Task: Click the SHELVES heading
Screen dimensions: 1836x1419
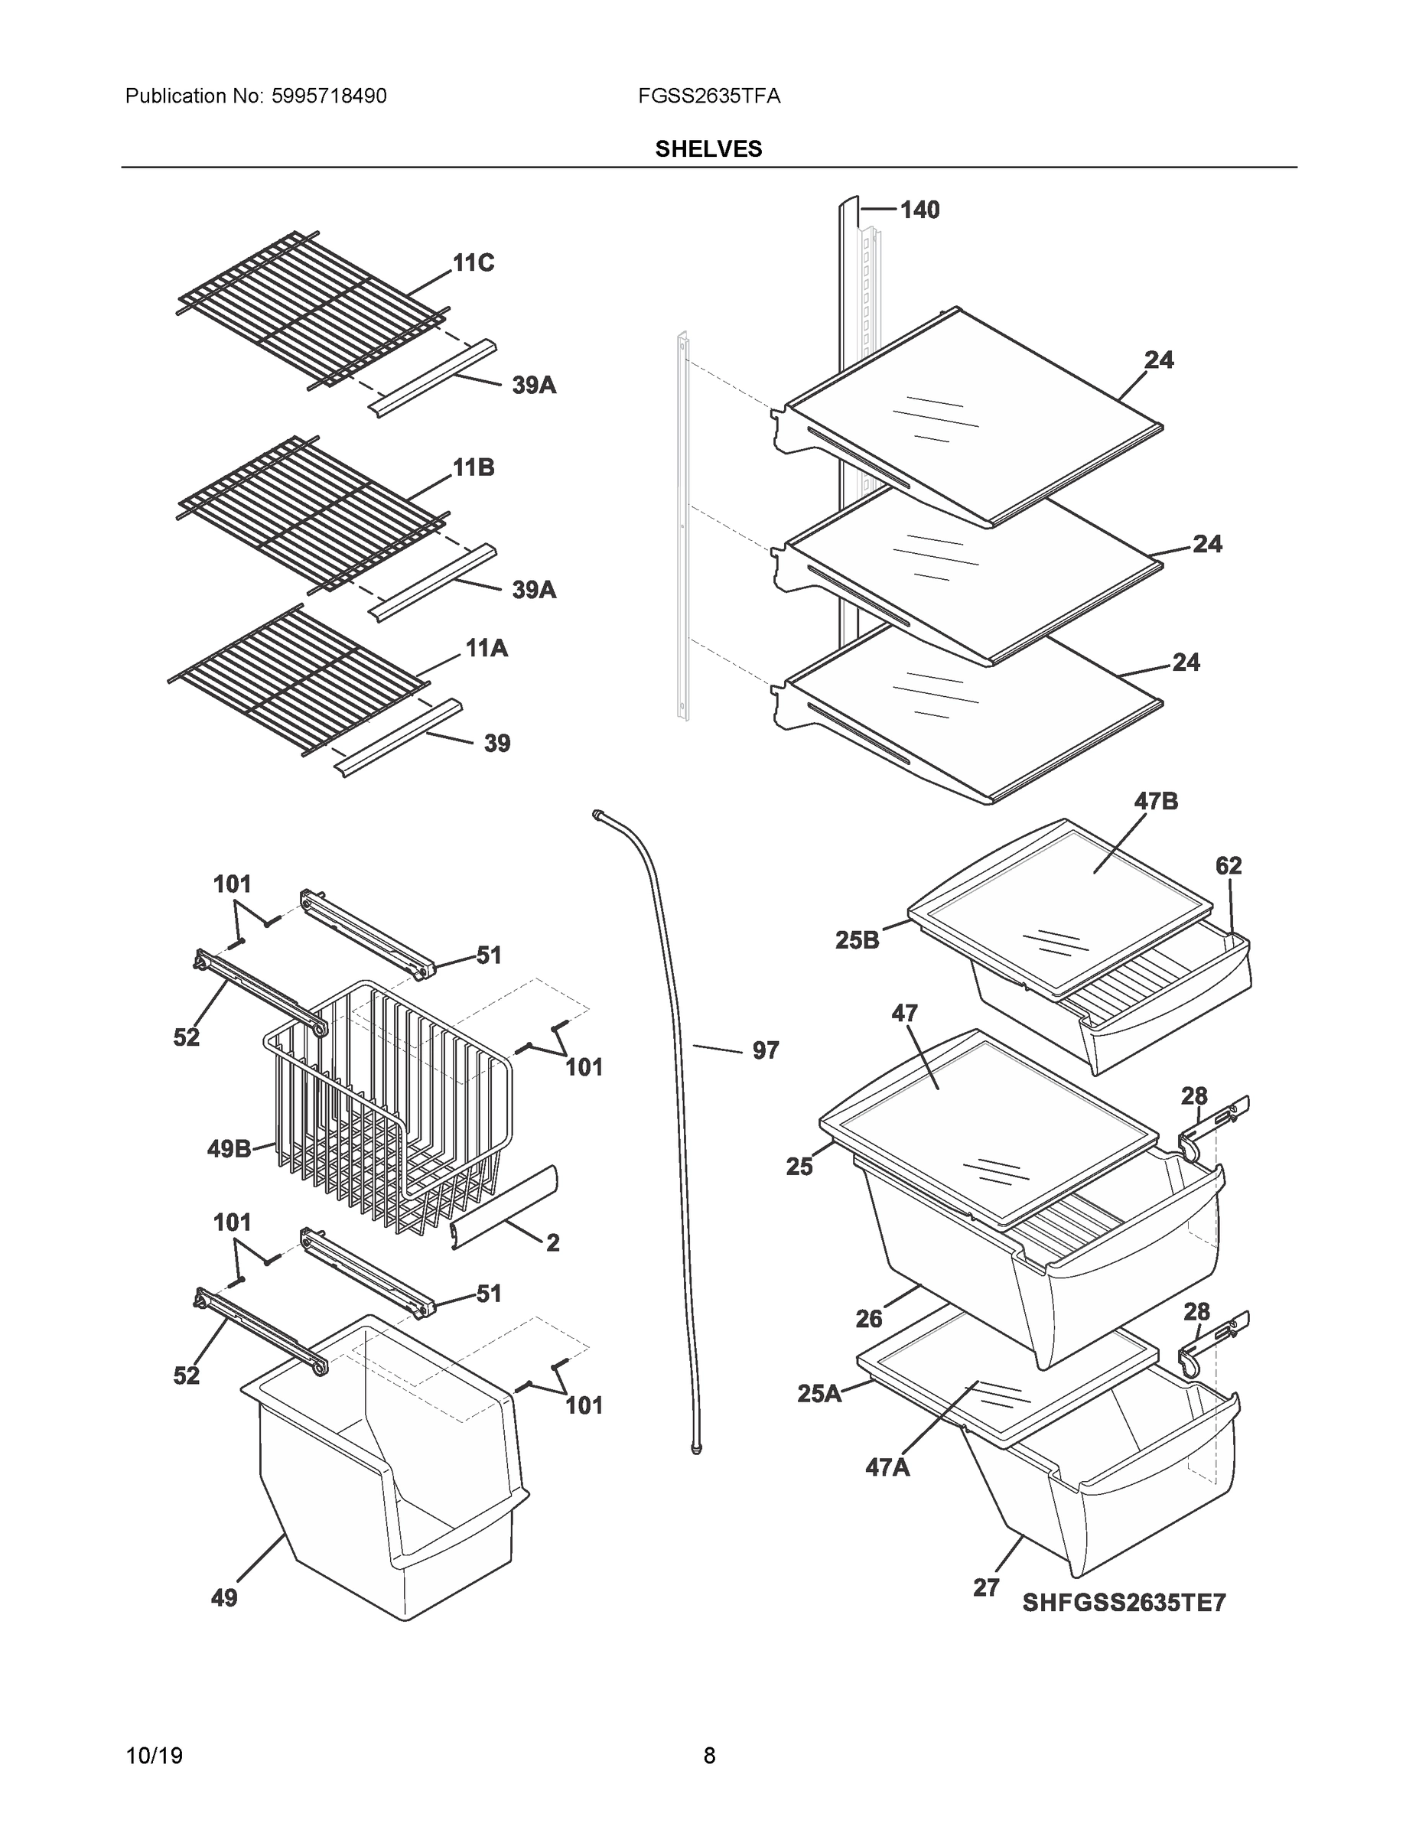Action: [x=708, y=149]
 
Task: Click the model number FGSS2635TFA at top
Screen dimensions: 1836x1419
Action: [x=708, y=96]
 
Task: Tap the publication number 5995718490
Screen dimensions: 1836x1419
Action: [x=329, y=96]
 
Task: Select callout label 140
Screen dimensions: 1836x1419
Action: [x=919, y=210]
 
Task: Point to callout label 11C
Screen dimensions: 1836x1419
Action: [x=474, y=264]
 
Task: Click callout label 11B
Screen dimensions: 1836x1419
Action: [x=474, y=468]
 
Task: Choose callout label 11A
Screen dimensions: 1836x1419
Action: [x=487, y=648]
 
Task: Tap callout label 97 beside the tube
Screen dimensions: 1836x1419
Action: [x=765, y=1050]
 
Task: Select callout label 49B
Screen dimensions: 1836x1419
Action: [x=229, y=1149]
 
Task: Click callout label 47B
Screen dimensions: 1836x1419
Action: [x=1156, y=802]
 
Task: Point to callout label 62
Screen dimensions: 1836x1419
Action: [x=1229, y=866]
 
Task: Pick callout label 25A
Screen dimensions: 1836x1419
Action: [x=819, y=1394]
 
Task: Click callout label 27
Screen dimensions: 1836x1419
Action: [x=986, y=1588]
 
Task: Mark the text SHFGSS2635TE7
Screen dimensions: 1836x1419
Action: [x=1124, y=1603]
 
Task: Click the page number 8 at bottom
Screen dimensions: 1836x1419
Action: [x=708, y=1756]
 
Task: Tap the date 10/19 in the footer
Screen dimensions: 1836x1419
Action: [x=154, y=1756]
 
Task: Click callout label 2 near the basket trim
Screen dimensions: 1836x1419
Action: [x=552, y=1242]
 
